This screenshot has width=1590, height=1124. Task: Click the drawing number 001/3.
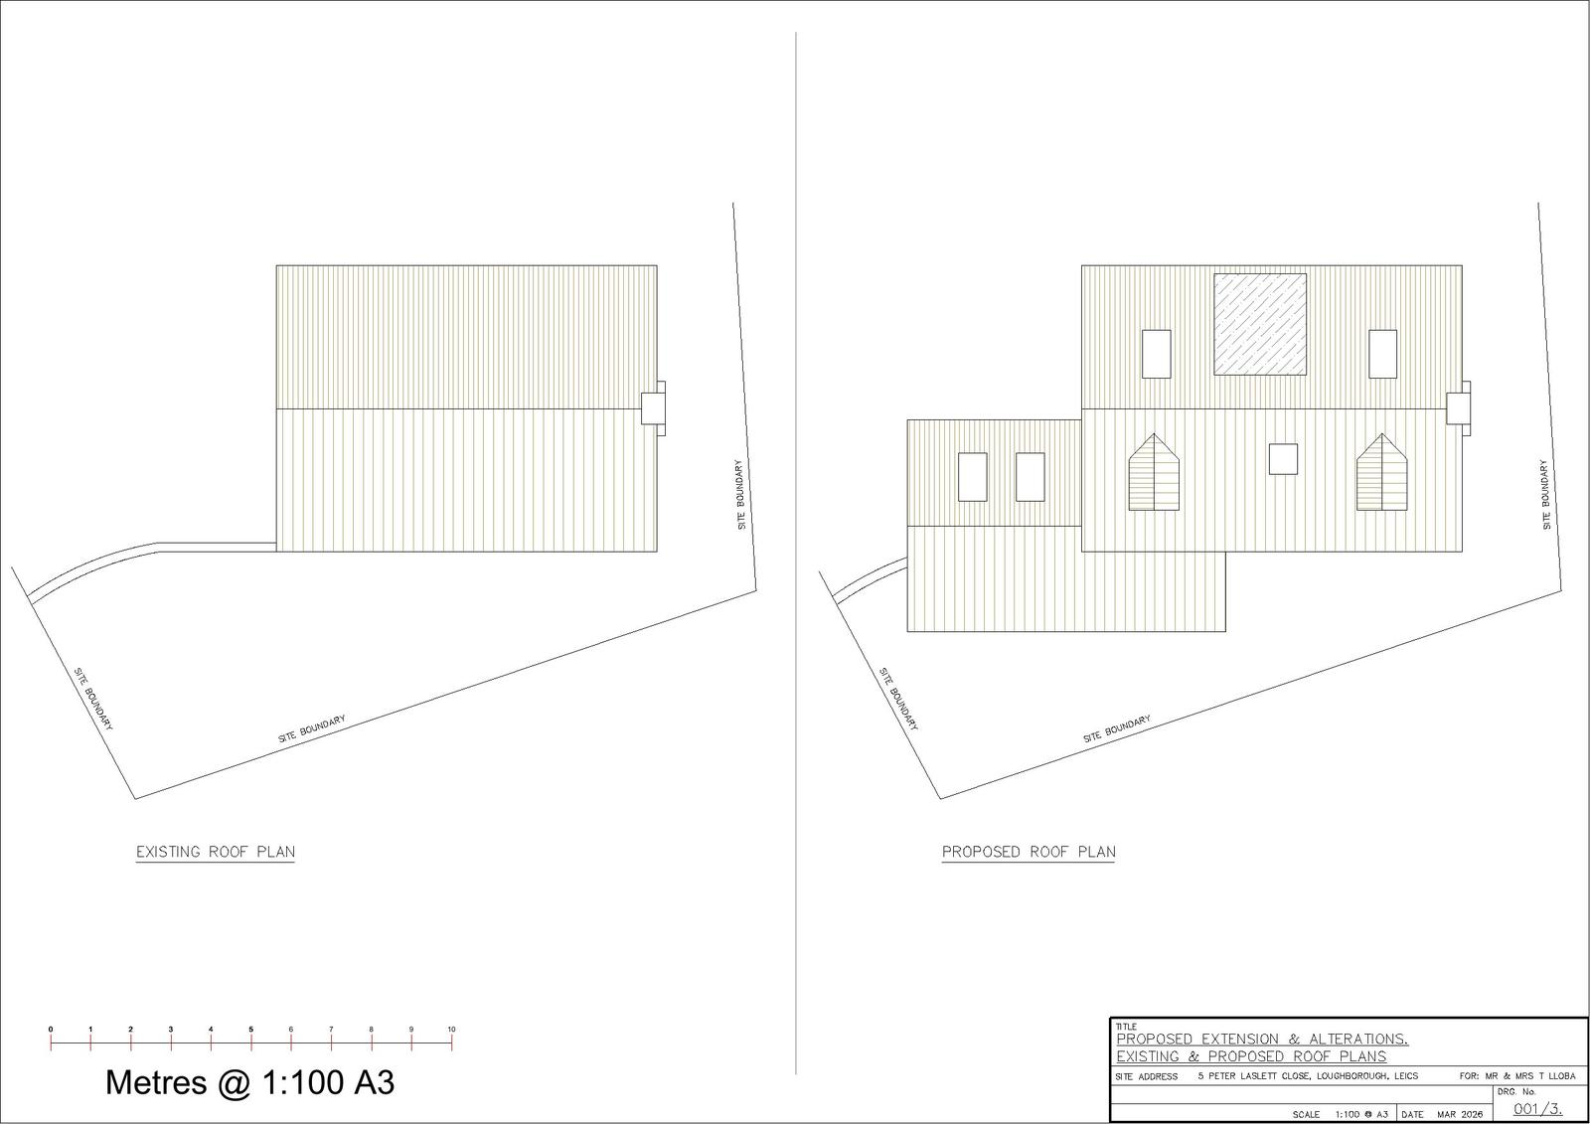tap(1536, 1109)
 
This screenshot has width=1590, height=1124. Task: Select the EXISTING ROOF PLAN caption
tap(216, 852)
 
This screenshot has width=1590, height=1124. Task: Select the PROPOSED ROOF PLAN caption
tap(1029, 852)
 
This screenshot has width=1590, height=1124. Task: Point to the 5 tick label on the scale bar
tap(251, 1030)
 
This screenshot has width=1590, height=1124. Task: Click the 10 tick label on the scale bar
tap(451, 1030)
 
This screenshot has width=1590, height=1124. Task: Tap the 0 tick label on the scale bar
tap(51, 1030)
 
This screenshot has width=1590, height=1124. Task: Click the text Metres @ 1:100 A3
tap(249, 1082)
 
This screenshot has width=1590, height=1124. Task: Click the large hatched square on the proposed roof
tap(1260, 324)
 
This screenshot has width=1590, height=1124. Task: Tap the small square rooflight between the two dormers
tap(1284, 458)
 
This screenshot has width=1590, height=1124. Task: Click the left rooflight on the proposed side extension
tap(972, 477)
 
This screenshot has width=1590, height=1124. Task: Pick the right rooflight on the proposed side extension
tap(1031, 477)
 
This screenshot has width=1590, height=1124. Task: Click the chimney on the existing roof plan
tap(654, 407)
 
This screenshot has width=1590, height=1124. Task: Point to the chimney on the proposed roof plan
tap(1459, 407)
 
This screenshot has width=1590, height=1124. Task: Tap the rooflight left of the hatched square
tap(1157, 354)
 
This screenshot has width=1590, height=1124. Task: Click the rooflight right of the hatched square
tap(1382, 354)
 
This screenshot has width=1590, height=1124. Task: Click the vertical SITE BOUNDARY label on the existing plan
tap(740, 494)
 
